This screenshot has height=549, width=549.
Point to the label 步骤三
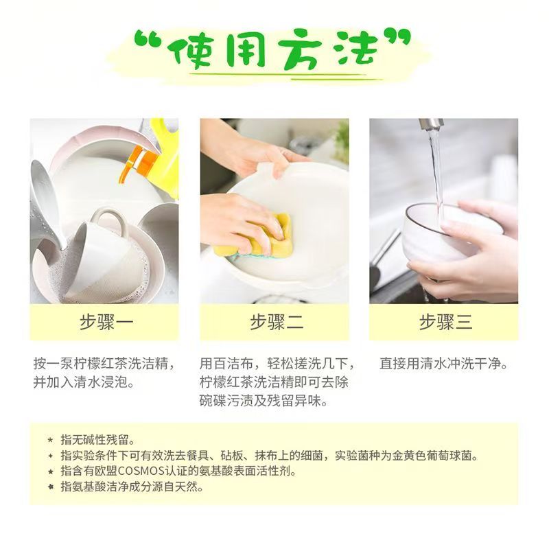[445, 322]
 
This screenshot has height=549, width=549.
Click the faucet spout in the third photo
[432, 125]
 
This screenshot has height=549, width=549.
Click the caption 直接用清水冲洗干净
[445, 364]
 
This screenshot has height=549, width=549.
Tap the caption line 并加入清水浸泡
[83, 382]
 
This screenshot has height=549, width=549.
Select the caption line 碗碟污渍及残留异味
[264, 401]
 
